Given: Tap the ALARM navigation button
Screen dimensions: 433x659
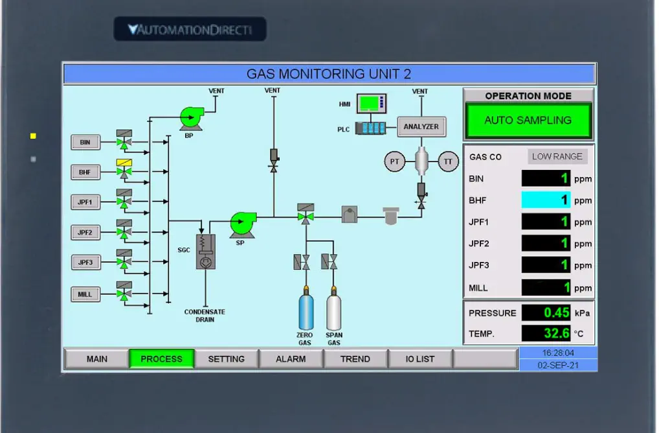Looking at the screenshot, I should pyautogui.click(x=291, y=359).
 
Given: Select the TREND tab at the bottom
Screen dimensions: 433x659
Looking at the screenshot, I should pyautogui.click(x=355, y=359).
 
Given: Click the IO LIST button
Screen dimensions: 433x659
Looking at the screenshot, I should pyautogui.click(x=420, y=359).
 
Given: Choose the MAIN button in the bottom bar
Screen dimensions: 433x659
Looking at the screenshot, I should pyautogui.click(x=96, y=359).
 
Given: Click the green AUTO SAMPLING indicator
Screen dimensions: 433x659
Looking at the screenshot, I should pyautogui.click(x=528, y=121).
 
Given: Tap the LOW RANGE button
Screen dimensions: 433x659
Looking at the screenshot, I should pyautogui.click(x=557, y=156).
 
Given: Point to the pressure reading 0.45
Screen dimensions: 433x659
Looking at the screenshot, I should pyautogui.click(x=546, y=313).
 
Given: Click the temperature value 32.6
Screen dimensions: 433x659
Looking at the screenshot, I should pyautogui.click(x=546, y=334).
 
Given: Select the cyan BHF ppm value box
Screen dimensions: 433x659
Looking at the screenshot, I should pyautogui.click(x=546, y=200).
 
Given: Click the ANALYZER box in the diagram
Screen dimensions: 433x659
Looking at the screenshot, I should pyautogui.click(x=421, y=127).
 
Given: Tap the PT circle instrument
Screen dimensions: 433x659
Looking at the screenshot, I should pyautogui.click(x=394, y=161).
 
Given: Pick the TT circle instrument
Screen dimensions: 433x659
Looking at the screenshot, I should pyautogui.click(x=448, y=161).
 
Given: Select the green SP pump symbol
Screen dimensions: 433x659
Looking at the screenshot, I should pyautogui.click(x=241, y=224).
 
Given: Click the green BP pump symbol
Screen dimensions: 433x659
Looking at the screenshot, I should pyautogui.click(x=190, y=118).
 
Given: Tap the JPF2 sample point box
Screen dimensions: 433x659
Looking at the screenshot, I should pyautogui.click(x=85, y=232).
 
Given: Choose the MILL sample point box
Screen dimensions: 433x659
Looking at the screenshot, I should pyautogui.click(x=85, y=294).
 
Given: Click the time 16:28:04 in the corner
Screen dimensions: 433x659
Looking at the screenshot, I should pyautogui.click(x=558, y=353).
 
